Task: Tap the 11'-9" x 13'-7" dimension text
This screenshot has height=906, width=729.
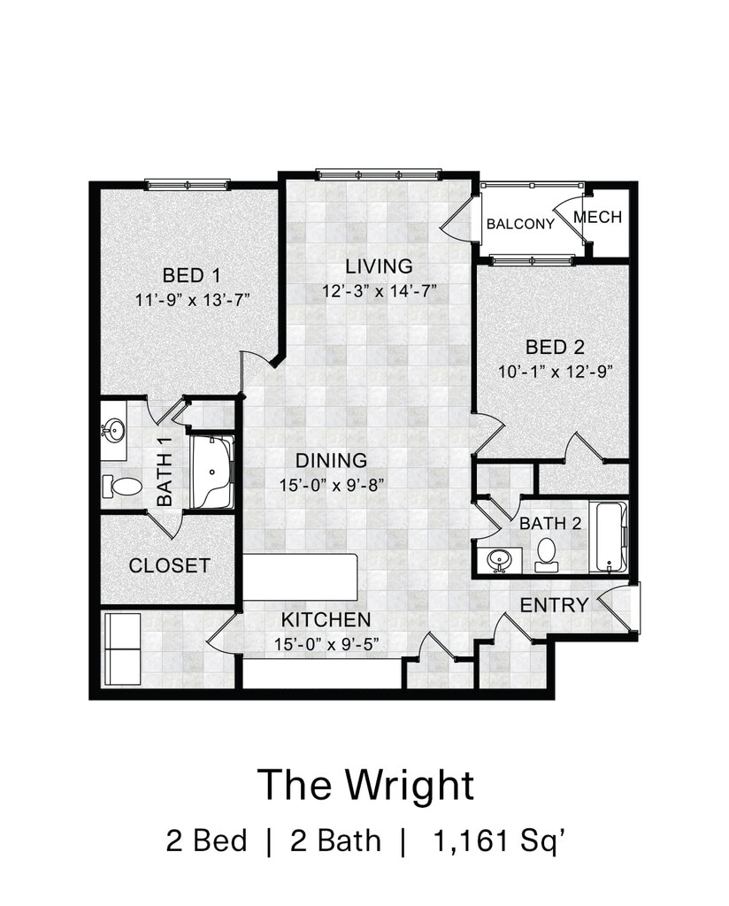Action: click(x=192, y=301)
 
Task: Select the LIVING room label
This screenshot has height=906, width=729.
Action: click(x=379, y=266)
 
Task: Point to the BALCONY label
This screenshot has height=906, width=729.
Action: click(x=520, y=224)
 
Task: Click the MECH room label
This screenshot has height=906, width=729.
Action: click(x=598, y=218)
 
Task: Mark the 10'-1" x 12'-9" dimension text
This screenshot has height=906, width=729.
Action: click(x=555, y=372)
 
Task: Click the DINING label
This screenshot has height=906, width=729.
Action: click(x=331, y=460)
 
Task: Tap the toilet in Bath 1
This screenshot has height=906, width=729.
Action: click(x=121, y=487)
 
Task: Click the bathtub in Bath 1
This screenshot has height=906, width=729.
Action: click(x=211, y=472)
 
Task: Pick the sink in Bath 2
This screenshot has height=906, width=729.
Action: click(x=499, y=560)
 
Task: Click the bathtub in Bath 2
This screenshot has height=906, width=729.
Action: click(x=609, y=537)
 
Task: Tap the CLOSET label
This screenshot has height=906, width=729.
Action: click(x=169, y=565)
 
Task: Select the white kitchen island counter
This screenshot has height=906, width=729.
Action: click(x=300, y=577)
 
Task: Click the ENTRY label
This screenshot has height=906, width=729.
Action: click(x=554, y=605)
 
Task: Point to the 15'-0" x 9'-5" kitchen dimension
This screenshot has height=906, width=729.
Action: click(x=326, y=644)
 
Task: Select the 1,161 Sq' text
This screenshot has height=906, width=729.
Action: click(x=498, y=841)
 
